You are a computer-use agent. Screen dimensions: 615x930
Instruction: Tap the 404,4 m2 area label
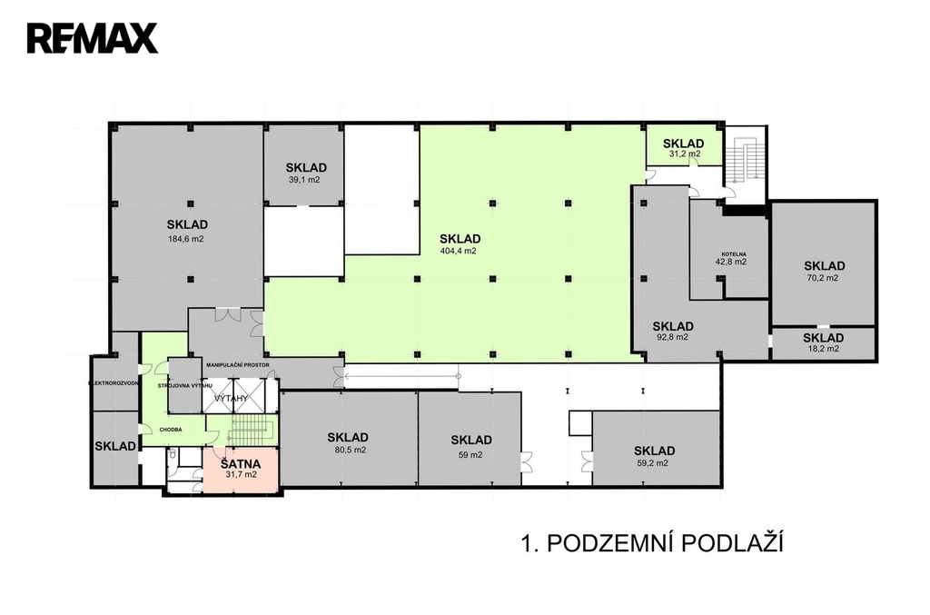click(458, 250)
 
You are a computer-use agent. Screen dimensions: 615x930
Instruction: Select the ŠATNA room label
click(241, 461)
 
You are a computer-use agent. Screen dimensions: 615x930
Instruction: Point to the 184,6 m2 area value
click(187, 239)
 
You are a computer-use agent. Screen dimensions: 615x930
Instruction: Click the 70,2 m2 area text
click(824, 278)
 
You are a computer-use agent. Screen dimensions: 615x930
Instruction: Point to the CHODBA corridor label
click(171, 429)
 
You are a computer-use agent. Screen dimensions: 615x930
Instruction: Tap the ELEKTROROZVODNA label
click(114, 383)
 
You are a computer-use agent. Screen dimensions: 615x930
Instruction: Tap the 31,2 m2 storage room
click(683, 148)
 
